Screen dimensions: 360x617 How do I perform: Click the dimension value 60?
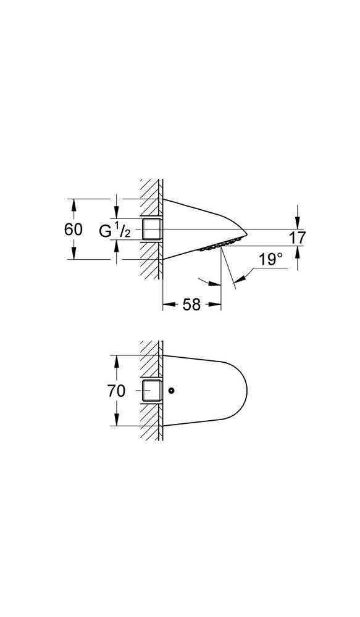pos(73,229)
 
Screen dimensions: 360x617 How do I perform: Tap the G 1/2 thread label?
pos(115,231)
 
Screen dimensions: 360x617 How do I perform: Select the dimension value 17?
pos(297,238)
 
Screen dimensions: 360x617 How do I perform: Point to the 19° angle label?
pos(270,260)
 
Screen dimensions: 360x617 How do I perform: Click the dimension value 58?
pos(191,304)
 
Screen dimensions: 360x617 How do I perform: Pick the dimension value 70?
pos(116,391)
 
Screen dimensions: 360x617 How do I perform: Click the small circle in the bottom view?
pos(171,391)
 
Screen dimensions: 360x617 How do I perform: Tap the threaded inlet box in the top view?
pos(152,229)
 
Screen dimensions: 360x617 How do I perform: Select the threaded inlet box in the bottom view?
pos(152,391)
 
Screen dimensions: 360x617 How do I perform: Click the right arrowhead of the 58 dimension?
pos(216,304)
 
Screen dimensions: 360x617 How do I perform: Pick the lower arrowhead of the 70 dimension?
pos(116,420)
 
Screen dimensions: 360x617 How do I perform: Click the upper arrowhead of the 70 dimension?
pos(116,360)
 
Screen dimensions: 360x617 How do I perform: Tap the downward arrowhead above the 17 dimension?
pos(298,223)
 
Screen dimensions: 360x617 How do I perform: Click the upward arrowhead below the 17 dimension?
pos(298,251)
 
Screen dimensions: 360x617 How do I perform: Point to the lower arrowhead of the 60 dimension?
pos(73,254)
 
